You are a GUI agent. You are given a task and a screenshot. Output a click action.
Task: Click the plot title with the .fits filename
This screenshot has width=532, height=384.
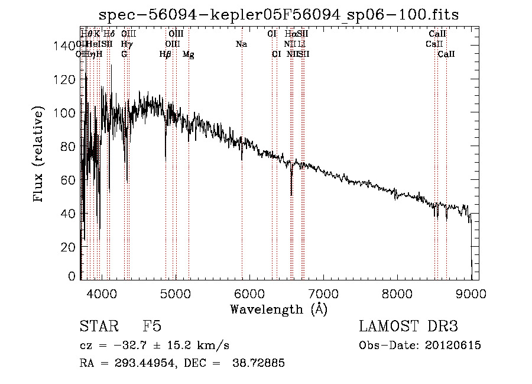point(279,14)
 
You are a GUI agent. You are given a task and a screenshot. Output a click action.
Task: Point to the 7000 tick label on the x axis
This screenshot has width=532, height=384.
point(323,292)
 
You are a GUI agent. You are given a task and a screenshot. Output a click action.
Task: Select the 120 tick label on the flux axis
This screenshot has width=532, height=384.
point(69,79)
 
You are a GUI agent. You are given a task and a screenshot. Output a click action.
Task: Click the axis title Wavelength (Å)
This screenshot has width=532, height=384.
point(278,309)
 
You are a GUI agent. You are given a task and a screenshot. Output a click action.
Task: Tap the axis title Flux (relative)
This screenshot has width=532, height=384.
point(39,155)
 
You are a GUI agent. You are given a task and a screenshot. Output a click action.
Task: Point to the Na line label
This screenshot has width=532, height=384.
point(241,44)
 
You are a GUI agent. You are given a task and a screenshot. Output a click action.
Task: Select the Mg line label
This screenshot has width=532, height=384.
point(188,54)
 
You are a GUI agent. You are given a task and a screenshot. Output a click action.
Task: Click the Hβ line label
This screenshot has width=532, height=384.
point(165,54)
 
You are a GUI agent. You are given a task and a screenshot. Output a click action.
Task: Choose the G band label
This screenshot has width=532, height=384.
point(124,54)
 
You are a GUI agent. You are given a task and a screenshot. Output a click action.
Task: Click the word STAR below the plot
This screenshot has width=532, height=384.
point(98,327)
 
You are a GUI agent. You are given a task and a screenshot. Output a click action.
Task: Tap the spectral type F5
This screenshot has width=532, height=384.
point(152,327)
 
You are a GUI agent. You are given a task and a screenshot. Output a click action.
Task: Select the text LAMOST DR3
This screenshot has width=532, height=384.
point(408,327)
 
